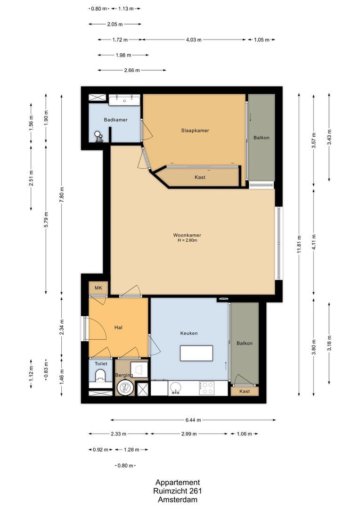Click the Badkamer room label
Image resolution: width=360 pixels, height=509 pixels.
coord(116,120)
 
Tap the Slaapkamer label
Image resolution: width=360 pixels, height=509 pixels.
coord(195,131)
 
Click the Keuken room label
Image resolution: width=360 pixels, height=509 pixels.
coord(188,333)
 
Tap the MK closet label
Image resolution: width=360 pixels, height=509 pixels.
coord(98,288)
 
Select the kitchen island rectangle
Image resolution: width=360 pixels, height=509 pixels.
coord(196,353)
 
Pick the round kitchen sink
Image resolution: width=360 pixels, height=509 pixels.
coord(175,388)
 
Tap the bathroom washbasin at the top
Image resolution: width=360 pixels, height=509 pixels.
coord(125,100)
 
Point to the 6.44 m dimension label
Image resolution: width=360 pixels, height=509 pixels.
coord(193,420)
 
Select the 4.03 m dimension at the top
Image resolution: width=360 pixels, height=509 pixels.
coord(193,40)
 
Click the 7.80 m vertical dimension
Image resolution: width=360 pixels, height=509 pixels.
coord(61,193)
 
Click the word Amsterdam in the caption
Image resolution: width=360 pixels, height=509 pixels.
coord(178,500)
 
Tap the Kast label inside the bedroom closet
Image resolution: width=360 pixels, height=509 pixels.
coord(200,177)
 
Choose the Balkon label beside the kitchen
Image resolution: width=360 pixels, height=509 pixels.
coord(245,344)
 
